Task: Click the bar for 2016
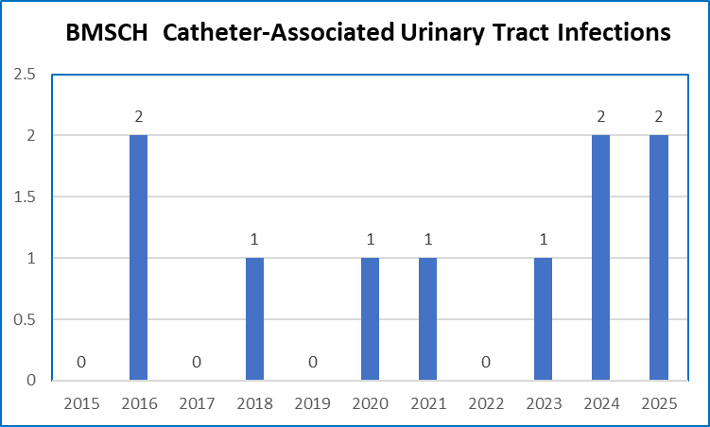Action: (138, 257)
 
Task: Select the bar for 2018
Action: (254, 318)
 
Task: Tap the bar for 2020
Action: (370, 318)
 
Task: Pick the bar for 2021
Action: (427, 318)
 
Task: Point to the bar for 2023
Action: (543, 318)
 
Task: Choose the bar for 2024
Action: (600, 257)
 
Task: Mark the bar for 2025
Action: (658, 257)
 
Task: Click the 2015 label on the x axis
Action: (81, 403)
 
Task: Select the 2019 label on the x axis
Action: (312, 403)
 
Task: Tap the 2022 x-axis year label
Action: (485, 403)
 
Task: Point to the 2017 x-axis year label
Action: (197, 403)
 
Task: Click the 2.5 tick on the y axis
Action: (26, 75)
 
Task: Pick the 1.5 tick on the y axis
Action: (26, 196)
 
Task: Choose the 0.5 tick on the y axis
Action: (26, 319)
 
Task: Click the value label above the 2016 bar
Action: (139, 117)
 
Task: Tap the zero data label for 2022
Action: (485, 362)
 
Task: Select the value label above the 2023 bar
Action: (543, 240)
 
